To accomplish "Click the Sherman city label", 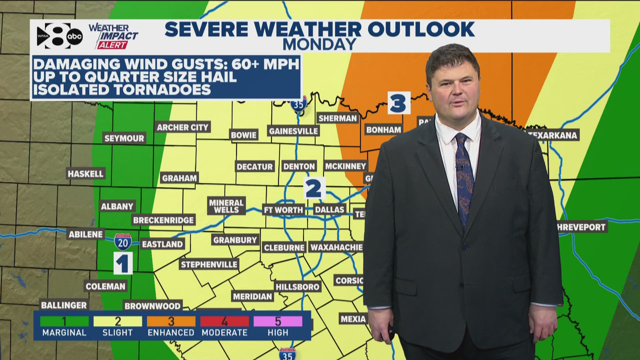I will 337,118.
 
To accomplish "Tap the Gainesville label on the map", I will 293,131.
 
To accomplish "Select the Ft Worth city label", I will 283,210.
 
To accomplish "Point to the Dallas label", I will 329,210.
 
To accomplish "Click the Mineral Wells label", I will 226,206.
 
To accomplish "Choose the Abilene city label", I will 86,234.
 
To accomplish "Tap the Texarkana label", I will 553,135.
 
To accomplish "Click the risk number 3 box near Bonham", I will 399,103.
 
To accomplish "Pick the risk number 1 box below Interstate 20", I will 123,263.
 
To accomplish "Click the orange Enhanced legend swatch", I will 171,321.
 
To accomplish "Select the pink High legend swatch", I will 278,321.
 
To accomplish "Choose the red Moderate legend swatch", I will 224,321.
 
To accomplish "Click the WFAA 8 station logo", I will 53,36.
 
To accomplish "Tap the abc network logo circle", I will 74,37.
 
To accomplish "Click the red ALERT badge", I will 112,45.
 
